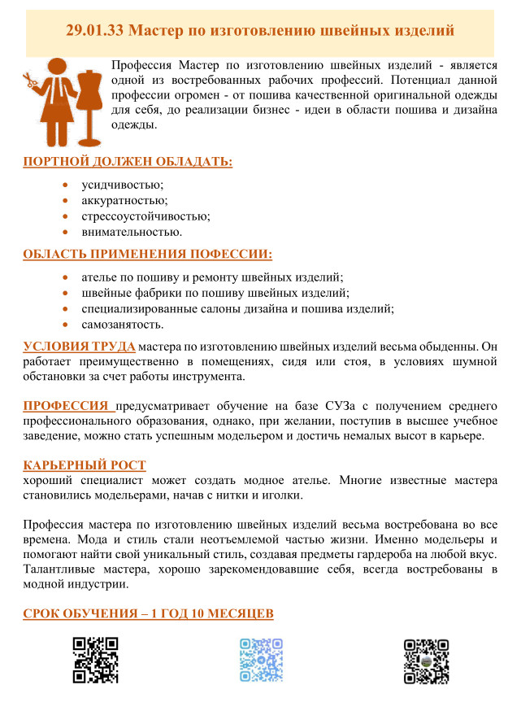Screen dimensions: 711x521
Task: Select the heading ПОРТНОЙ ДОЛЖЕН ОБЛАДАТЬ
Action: [128, 162]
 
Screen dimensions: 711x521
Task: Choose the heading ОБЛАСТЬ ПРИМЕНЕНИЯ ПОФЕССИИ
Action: [147, 254]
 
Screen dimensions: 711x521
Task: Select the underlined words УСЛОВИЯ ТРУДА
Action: [79, 347]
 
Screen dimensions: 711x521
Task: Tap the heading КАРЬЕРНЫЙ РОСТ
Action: [85, 465]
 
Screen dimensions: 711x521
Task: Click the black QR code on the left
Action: [96, 660]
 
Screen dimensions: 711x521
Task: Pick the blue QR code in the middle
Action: [261, 660]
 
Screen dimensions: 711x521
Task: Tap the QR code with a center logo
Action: [427, 660]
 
